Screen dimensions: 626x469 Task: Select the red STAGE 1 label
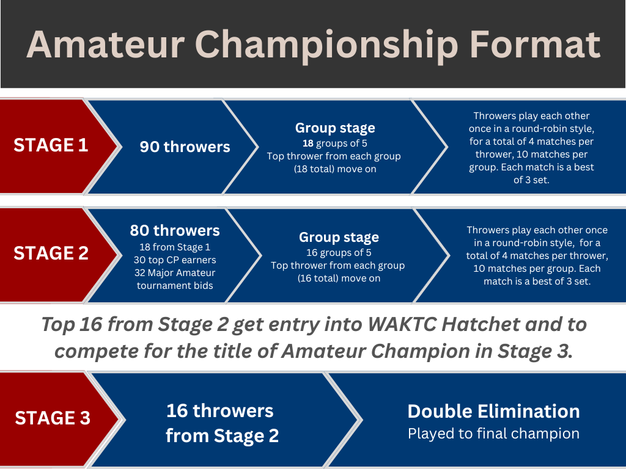pyautogui.click(x=51, y=145)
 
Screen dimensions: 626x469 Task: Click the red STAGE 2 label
pyautogui.click(x=51, y=253)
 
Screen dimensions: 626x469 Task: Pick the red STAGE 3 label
pyautogui.click(x=53, y=418)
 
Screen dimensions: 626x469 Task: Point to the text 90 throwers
pyautogui.click(x=185, y=147)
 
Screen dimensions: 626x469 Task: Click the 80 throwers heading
pyautogui.click(x=175, y=230)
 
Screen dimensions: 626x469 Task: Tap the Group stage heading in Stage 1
pyautogui.click(x=335, y=128)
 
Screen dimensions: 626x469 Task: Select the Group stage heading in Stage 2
pyautogui.click(x=339, y=237)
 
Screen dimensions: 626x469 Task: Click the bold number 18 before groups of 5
pyautogui.click(x=308, y=143)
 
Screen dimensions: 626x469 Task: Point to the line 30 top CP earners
pyautogui.click(x=175, y=260)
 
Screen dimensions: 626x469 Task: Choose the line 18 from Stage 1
pyautogui.click(x=175, y=247)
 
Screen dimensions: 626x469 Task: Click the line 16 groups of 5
pyautogui.click(x=339, y=252)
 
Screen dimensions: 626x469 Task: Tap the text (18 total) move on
pyautogui.click(x=335, y=169)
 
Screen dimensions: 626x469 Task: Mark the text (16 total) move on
pyautogui.click(x=339, y=278)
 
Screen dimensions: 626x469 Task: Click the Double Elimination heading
pyautogui.click(x=493, y=411)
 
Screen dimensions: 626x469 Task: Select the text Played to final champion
pyautogui.click(x=493, y=434)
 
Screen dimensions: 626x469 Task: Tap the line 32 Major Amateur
pyautogui.click(x=175, y=273)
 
